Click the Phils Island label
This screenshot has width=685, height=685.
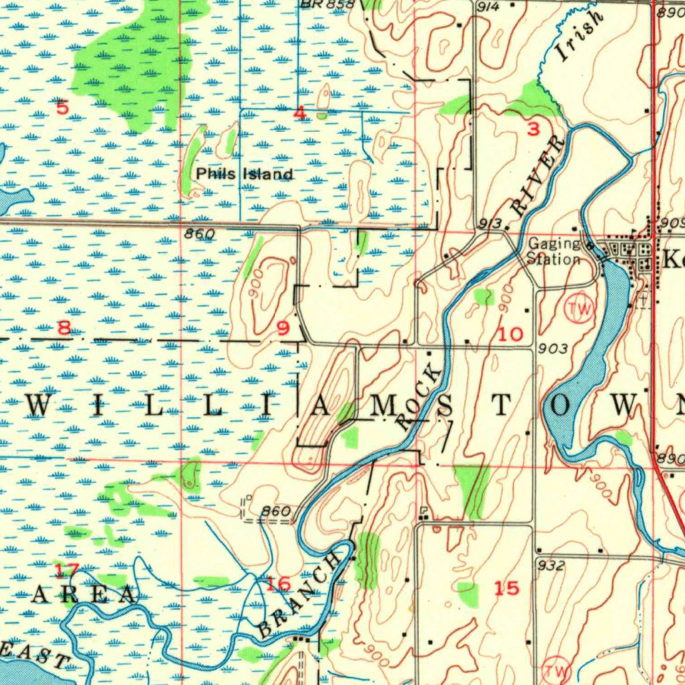[x=244, y=175]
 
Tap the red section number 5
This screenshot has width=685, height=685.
[x=62, y=107]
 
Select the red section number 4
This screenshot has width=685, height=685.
[x=300, y=114]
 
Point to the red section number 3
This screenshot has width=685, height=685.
[x=533, y=130]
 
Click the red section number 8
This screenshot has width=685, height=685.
[x=64, y=328]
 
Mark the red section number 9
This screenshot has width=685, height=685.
[x=284, y=328]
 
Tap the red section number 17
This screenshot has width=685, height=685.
[x=66, y=571]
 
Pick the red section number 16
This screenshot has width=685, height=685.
[x=278, y=584]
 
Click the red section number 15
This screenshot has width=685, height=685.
[x=506, y=588]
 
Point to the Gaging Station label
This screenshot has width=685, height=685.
[x=554, y=252]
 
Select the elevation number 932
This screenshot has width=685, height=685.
[x=551, y=566]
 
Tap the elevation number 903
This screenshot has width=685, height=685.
[x=553, y=349]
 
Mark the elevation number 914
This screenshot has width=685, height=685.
[x=489, y=7]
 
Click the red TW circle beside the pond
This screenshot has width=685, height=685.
[x=579, y=309]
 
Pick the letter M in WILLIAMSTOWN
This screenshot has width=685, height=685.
[x=384, y=405]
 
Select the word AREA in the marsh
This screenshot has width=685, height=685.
[x=84, y=594]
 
